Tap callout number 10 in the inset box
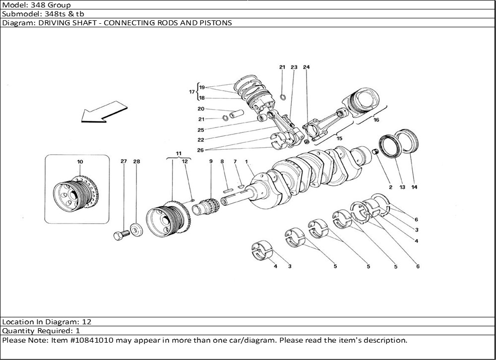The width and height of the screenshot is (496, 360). (x=80, y=162)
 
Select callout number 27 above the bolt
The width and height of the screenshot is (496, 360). (x=124, y=161)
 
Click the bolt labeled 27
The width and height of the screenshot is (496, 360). (x=121, y=235)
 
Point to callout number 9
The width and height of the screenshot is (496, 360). (x=211, y=161)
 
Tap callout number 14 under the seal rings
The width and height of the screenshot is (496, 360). (x=414, y=187)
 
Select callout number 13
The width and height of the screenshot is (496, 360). (x=402, y=187)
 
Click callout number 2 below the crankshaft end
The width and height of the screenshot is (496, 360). (x=390, y=187)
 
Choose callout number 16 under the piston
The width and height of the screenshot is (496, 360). (x=376, y=120)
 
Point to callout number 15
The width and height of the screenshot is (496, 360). (x=339, y=138)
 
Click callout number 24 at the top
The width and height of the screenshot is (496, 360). (x=306, y=67)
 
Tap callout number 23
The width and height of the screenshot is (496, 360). (x=294, y=67)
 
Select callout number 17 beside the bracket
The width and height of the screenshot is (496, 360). (x=191, y=92)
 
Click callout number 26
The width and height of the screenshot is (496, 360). (x=200, y=150)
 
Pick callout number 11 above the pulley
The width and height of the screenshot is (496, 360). (x=179, y=153)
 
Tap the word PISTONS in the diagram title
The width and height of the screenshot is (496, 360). (x=217, y=23)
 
